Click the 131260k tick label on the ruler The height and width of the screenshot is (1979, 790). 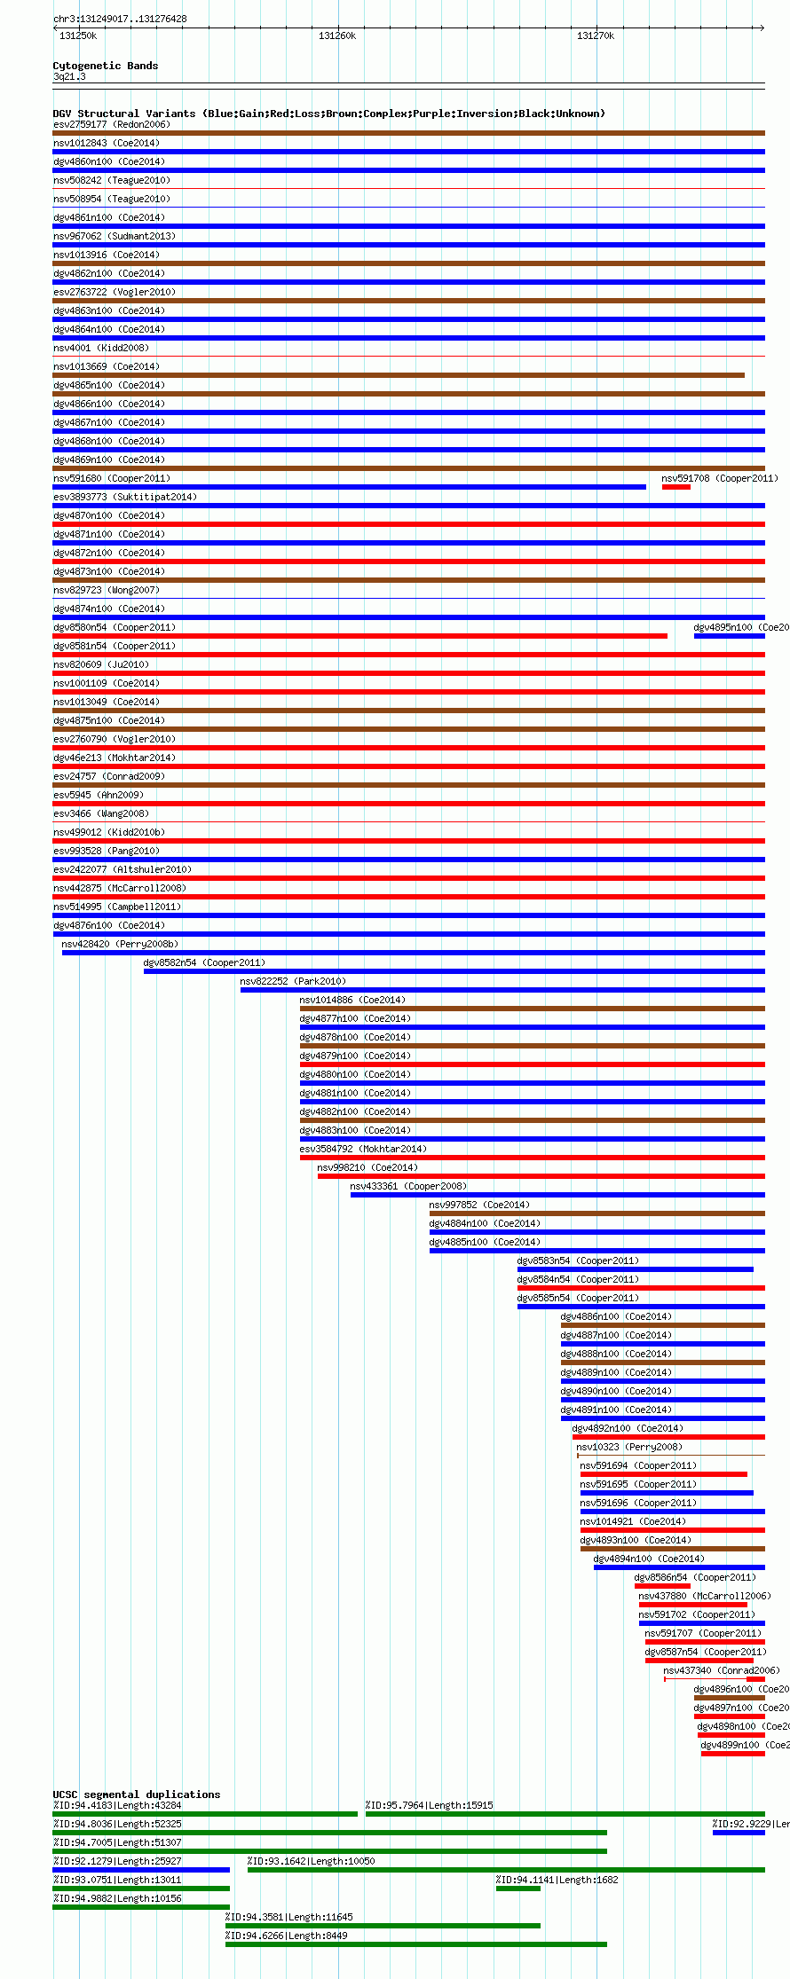click(x=336, y=36)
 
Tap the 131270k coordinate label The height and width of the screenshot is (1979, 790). click(x=595, y=36)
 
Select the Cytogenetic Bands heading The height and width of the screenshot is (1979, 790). click(x=105, y=66)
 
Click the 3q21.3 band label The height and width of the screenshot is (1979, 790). click(x=69, y=77)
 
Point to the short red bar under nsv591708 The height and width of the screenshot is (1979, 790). click(x=675, y=487)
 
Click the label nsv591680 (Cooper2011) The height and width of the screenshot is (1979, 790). click(x=111, y=478)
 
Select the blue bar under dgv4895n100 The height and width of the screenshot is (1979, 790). click(x=729, y=636)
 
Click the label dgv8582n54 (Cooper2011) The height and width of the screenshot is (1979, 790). click(x=204, y=962)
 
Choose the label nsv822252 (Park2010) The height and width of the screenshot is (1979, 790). click(x=293, y=981)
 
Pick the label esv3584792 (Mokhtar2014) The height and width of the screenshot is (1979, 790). click(x=363, y=1149)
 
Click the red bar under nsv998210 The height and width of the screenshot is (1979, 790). click(x=541, y=1176)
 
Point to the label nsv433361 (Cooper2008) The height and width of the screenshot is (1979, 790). click(x=407, y=1186)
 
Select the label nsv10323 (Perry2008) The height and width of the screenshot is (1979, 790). click(x=629, y=1447)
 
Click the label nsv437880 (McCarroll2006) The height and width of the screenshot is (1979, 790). click(x=705, y=1596)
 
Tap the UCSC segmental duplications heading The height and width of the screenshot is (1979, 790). click(x=136, y=1794)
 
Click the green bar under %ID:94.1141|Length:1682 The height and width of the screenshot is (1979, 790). click(x=517, y=1889)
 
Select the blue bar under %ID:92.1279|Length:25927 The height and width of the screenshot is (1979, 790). click(x=141, y=1870)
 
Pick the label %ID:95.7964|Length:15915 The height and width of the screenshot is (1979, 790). click(x=429, y=1805)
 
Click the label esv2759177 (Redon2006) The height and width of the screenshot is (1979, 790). click(x=111, y=124)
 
